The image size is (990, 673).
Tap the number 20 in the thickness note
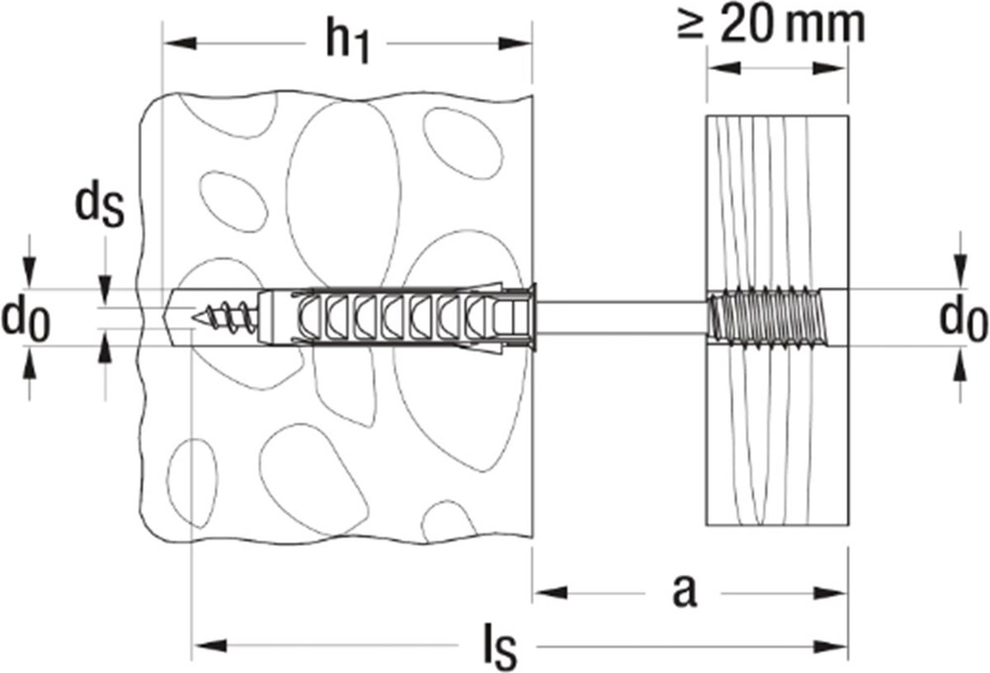747,24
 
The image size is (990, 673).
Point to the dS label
98,209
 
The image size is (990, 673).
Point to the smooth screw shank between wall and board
619,316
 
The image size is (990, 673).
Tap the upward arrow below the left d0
31,363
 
